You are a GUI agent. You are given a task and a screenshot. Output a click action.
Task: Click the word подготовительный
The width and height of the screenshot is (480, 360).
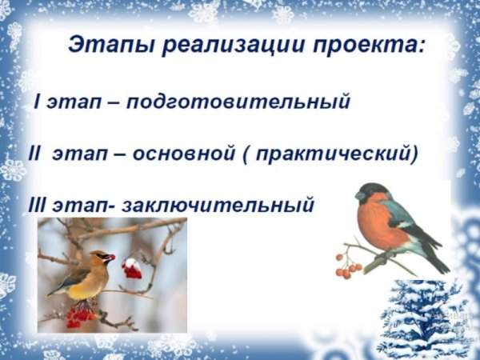click(238, 103)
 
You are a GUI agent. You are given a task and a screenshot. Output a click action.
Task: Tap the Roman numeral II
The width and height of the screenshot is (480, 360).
click(34, 154)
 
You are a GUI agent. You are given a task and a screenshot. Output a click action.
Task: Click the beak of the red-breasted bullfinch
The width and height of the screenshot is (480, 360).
click(359, 196)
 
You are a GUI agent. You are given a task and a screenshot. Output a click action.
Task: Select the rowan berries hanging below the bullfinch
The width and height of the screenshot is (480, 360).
click(347, 268)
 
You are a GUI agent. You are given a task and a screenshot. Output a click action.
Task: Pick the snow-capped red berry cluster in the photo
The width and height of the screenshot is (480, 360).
click(132, 268)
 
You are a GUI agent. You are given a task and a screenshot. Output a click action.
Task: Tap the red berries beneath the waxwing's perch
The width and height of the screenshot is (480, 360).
click(80, 316)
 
